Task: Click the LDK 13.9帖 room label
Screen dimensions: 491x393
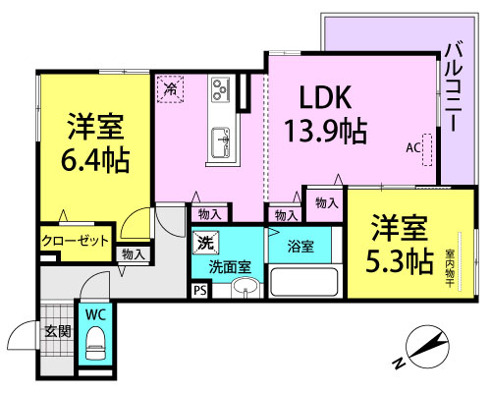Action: click(x=326, y=115)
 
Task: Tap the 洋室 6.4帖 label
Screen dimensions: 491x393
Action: click(x=95, y=142)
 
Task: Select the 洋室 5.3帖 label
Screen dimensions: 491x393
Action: click(x=400, y=244)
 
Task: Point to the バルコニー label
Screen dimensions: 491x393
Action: click(x=456, y=87)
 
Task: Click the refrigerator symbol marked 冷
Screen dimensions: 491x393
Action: click(x=170, y=88)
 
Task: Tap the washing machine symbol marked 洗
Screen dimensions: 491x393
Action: click(x=205, y=243)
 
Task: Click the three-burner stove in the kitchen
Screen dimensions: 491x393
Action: click(x=220, y=88)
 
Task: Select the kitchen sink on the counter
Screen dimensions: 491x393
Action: click(x=220, y=142)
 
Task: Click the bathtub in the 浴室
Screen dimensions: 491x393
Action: click(x=304, y=281)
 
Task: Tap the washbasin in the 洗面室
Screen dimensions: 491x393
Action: click(x=245, y=287)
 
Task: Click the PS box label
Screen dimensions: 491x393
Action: click(x=200, y=291)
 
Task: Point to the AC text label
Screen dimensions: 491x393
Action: click(x=412, y=148)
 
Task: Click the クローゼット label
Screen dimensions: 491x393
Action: click(x=75, y=241)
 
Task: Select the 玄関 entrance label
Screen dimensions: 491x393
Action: click(x=58, y=332)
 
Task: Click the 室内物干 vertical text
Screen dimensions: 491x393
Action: click(x=449, y=269)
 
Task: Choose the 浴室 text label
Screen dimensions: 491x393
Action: click(x=300, y=247)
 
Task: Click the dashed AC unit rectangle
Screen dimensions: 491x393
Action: click(x=427, y=149)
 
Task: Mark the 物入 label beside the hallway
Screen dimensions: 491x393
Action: click(x=134, y=254)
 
